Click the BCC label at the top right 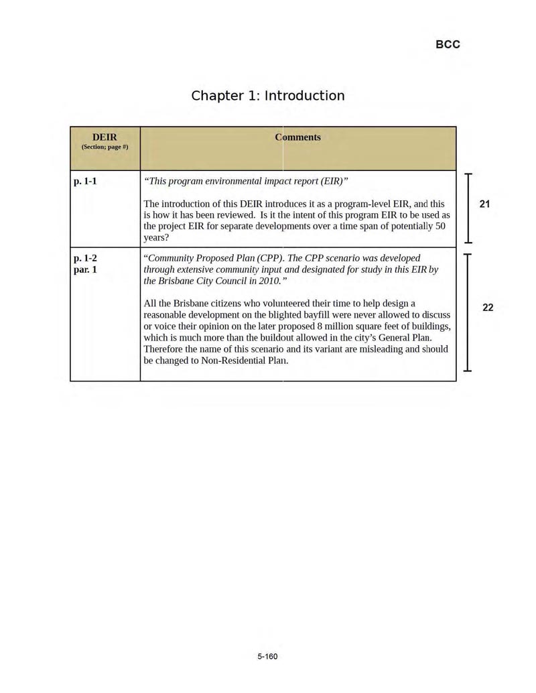pyautogui.click(x=448, y=44)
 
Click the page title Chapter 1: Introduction pyautogui.click(x=268, y=95)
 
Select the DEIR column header pyautogui.click(x=105, y=137)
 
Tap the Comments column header pyautogui.click(x=297, y=137)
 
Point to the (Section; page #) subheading pyautogui.click(x=105, y=147)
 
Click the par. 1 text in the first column pyautogui.click(x=85, y=269)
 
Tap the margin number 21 pyautogui.click(x=485, y=204)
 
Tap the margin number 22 pyautogui.click(x=488, y=308)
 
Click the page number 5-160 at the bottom pyautogui.click(x=267, y=656)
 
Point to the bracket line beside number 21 pyautogui.click(x=469, y=208)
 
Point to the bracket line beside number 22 pyautogui.click(x=469, y=312)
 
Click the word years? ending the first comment pyautogui.click(x=156, y=237)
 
